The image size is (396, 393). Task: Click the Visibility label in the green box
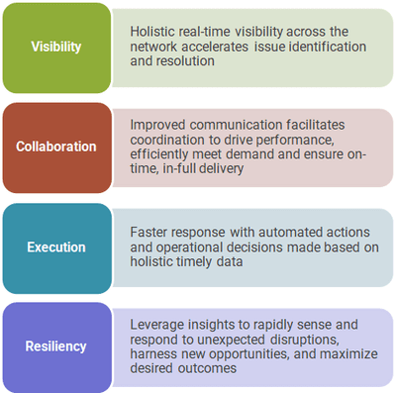click(x=56, y=47)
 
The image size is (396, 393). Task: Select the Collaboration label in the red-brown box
click(x=56, y=147)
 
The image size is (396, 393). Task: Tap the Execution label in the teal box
click(x=56, y=247)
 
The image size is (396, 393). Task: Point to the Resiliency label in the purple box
click(x=55, y=346)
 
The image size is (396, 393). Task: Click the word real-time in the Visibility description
click(x=204, y=32)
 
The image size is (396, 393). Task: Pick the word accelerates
click(x=215, y=47)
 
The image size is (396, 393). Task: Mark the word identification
click(x=328, y=47)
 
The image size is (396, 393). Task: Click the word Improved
click(x=157, y=126)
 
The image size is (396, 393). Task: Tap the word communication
click(x=236, y=125)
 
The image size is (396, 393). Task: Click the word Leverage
click(x=157, y=326)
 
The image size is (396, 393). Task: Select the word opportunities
click(x=249, y=354)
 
